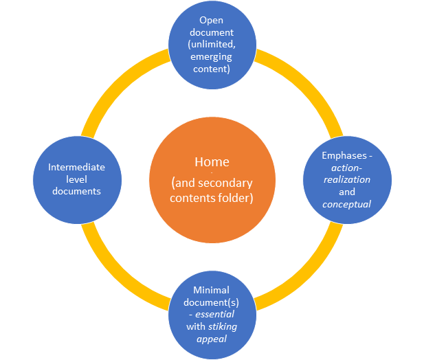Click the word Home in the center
pyautogui.click(x=212, y=162)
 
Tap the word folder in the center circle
pyautogui.click(x=235, y=199)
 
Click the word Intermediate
pyautogui.click(x=76, y=167)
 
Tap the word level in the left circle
pyautogui.click(x=76, y=179)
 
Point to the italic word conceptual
pyautogui.click(x=346, y=204)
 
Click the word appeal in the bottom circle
pyautogui.click(x=212, y=338)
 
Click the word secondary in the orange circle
pyautogui.click(x=233, y=183)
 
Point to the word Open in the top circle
pyautogui.click(x=212, y=20)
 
